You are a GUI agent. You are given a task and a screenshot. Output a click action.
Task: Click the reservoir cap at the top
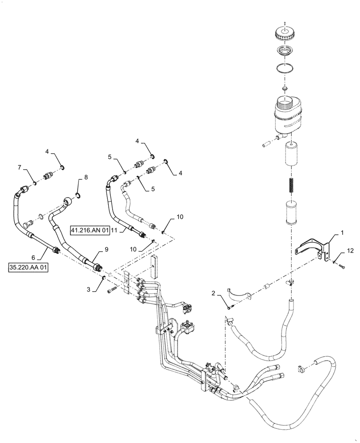point(285,33)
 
